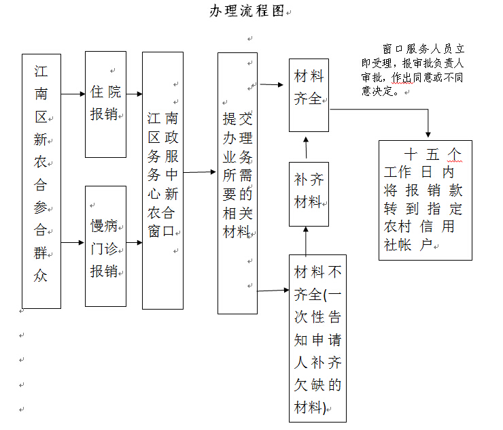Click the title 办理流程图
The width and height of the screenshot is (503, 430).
[246, 12]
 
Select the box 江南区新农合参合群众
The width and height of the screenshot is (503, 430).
[41, 181]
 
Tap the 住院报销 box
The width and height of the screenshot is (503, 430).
[105, 104]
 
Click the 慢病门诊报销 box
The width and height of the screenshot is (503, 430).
[105, 246]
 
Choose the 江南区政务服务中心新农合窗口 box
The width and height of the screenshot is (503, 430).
[162, 180]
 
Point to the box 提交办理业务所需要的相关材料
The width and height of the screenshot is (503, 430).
[237, 183]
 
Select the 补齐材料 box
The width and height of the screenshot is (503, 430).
[309, 193]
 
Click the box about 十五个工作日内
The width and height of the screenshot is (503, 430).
[425, 200]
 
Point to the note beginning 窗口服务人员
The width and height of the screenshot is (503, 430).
[413, 70]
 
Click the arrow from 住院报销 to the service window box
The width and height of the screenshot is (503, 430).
[135, 94]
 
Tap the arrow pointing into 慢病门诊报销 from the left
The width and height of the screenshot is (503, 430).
[73, 242]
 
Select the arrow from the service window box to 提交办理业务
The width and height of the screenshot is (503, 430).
[200, 172]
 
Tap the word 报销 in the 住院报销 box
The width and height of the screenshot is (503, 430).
[105, 114]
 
